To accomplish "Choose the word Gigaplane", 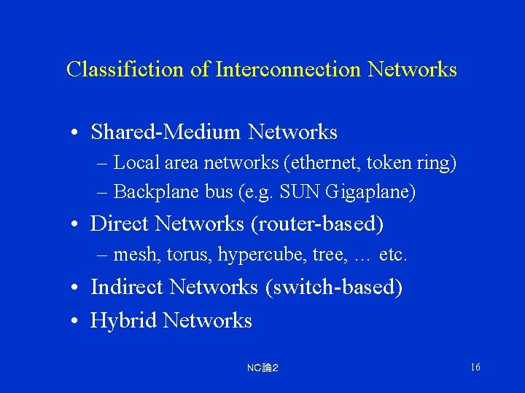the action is (370, 192).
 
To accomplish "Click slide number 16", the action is (475, 367).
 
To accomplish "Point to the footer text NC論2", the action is (262, 368).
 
